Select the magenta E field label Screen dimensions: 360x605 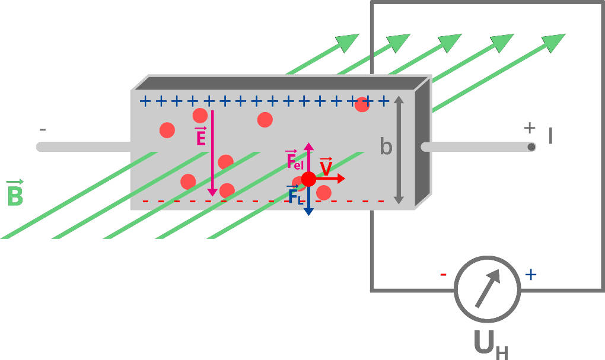click(x=200, y=137)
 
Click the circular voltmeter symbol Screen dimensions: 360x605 click(x=488, y=289)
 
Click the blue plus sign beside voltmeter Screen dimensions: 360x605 click(x=531, y=274)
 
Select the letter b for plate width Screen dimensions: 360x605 click(x=386, y=146)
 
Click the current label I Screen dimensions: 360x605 click(x=550, y=137)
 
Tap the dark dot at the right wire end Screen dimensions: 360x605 click(x=531, y=146)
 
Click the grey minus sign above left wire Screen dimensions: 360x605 click(x=43, y=129)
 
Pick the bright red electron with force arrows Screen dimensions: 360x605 click(x=308, y=179)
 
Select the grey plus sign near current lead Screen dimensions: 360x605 click(x=530, y=128)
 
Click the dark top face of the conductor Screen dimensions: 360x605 click(x=279, y=83)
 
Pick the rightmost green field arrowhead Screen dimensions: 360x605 click(x=554, y=42)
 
